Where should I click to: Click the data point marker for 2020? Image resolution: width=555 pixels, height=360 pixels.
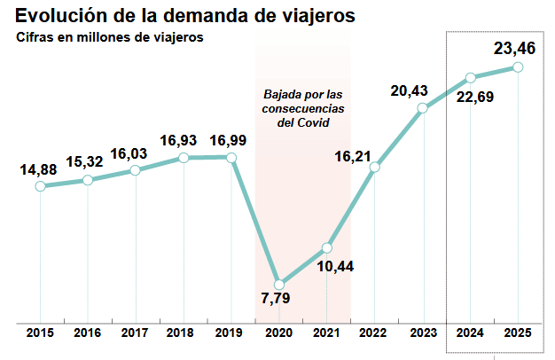pos(279,285)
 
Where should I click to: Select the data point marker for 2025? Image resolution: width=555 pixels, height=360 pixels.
pos(518,67)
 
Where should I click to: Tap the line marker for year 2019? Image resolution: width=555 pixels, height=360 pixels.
pos(231,158)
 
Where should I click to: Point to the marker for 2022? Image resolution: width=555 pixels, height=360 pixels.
pos(375,167)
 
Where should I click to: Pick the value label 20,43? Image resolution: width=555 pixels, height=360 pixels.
pos(410,90)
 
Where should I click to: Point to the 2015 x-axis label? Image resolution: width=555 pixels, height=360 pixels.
pos(40,333)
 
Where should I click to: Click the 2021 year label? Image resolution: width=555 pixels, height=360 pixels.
pos(327,333)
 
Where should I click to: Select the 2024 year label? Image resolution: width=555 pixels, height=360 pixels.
pos(470,333)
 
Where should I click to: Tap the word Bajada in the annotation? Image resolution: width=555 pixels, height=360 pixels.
pos(283,94)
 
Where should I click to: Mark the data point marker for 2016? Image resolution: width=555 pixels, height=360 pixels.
pos(88,180)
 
